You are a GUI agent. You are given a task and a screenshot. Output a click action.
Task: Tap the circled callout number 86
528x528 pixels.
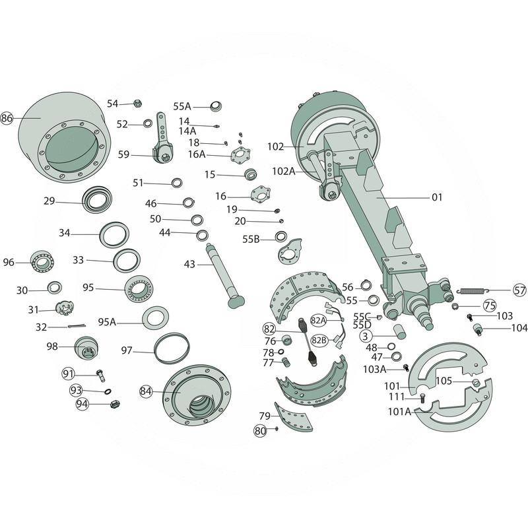pos(7,119)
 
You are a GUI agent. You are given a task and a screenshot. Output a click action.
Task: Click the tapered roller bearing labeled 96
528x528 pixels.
pos(43,263)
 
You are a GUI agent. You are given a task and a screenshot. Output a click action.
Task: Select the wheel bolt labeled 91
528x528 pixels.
pos(100,376)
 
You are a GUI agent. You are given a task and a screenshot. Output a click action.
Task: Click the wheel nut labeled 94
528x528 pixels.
pos(113,404)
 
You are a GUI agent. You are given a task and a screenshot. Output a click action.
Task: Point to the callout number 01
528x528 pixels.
pos(437,197)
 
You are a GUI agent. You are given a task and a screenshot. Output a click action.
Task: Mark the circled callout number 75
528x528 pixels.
pos(489,306)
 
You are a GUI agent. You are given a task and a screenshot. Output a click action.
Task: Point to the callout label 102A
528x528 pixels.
pos(283,171)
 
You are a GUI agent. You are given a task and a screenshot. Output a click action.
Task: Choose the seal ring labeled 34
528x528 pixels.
pos(115,234)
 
